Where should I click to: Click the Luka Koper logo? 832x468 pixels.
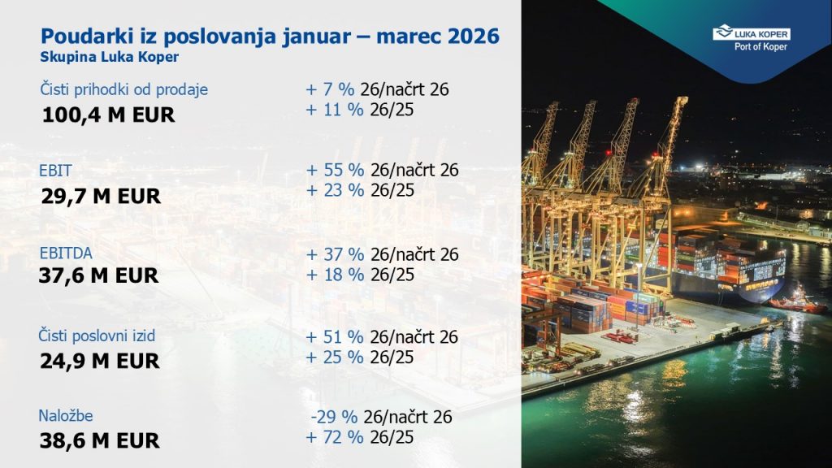click(752, 38)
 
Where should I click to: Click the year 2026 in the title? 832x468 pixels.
click(474, 36)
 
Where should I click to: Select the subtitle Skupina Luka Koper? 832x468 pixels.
click(110, 58)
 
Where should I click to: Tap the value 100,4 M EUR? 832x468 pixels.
click(108, 115)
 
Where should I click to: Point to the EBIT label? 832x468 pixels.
click(55, 171)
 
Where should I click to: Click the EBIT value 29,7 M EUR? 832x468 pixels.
click(101, 197)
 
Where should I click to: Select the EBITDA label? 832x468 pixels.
click(66, 253)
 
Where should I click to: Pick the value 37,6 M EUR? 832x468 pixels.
click(98, 276)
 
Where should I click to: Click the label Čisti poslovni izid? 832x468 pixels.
click(97, 336)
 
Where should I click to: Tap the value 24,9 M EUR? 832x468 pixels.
click(100, 362)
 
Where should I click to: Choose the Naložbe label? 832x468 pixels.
click(65, 415)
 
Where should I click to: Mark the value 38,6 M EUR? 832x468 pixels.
click(100, 441)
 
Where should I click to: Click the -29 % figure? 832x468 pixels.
click(334, 417)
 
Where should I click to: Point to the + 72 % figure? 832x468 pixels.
click(335, 437)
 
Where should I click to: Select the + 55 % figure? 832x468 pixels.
click(336, 171)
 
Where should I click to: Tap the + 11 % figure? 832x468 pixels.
click(335, 110)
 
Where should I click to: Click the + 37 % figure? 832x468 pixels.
click(336, 254)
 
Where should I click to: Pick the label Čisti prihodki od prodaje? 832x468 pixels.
click(124, 89)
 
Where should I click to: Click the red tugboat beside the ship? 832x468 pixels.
click(798, 303)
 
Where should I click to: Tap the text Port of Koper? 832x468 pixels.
click(760, 46)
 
